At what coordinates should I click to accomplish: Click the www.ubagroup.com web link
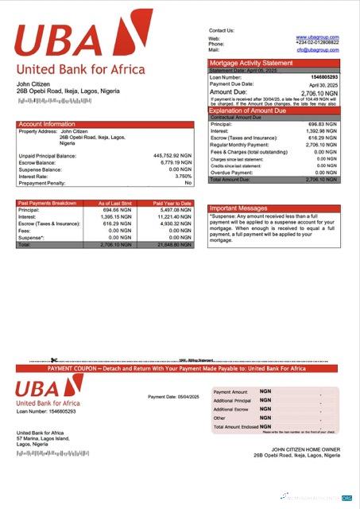click(317, 37)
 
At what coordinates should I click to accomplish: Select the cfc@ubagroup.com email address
click(318, 50)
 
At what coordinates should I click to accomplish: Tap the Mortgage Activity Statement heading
click(250, 63)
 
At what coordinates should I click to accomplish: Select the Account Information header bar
click(105, 124)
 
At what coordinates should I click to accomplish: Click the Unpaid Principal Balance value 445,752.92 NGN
click(172, 156)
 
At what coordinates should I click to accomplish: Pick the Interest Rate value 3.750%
click(182, 177)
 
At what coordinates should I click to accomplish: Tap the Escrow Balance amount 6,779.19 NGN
click(175, 163)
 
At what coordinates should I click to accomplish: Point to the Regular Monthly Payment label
click(240, 146)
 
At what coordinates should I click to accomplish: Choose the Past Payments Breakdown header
click(47, 203)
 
